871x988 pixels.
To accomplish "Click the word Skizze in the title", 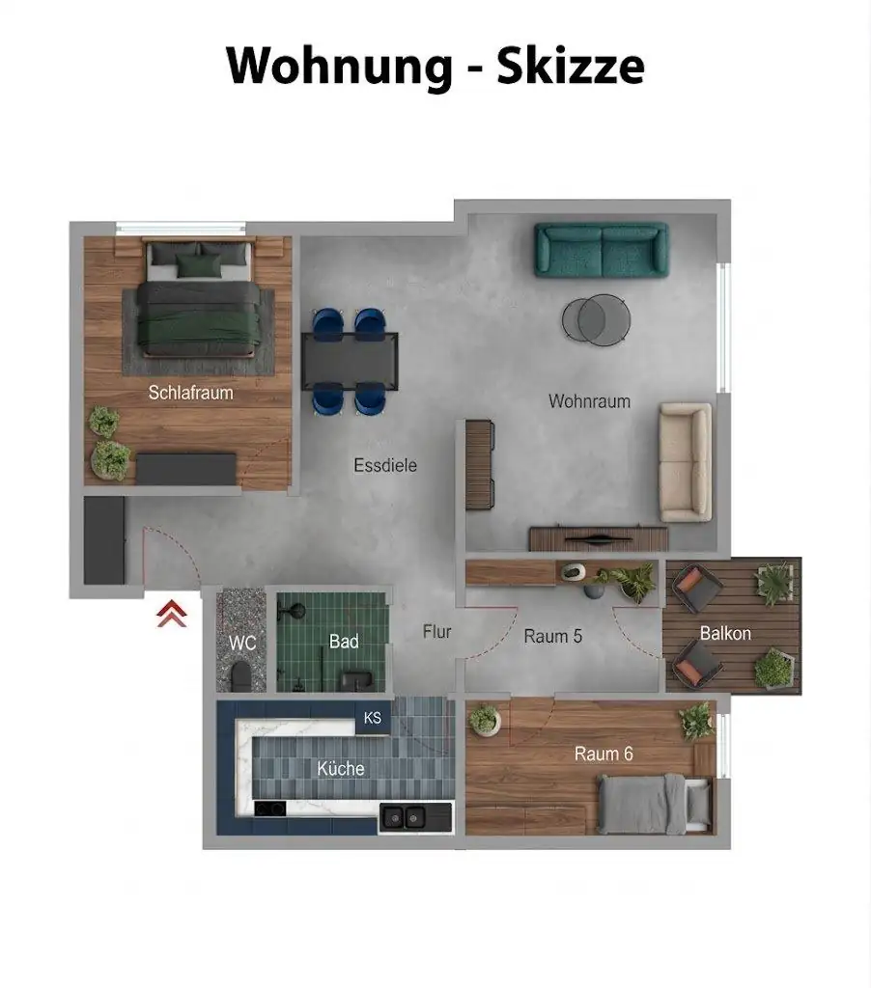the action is point(571,65).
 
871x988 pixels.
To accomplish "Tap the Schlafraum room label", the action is point(190,393).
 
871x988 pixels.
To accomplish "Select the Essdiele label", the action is point(385,465).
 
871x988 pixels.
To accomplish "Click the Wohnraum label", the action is point(589,400).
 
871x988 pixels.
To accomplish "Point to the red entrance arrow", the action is point(172,614).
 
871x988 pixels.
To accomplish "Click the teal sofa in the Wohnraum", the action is point(601,250).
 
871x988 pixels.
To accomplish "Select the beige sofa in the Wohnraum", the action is point(686,462).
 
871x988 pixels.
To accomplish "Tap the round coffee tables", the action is point(596,319).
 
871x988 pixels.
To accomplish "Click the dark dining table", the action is point(350,361).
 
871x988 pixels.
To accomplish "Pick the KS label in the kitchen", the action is point(373,718).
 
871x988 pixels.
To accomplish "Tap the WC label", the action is point(242,643).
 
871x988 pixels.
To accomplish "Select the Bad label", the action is point(344,642).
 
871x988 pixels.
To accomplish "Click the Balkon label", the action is point(725,633).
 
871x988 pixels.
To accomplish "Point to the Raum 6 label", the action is point(604,754).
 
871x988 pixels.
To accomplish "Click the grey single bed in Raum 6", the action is point(655,805).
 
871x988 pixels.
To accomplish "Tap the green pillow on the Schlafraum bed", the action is point(199,265).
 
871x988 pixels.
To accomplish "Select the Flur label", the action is point(437,631).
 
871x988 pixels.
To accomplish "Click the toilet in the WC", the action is point(241,676).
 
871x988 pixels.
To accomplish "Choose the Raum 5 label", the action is point(552,636).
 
